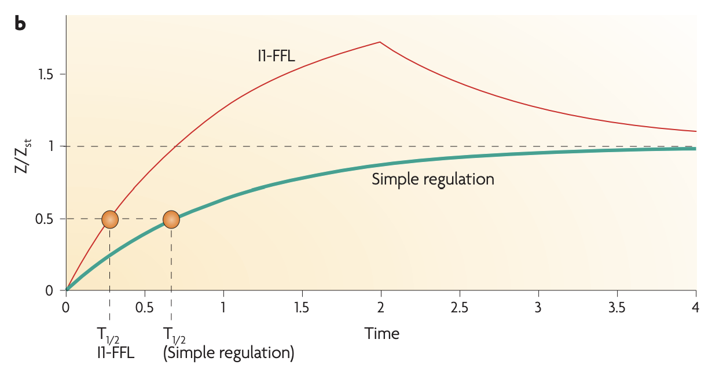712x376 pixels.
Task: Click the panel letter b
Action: (x=20, y=24)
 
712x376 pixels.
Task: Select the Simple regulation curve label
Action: (x=432, y=179)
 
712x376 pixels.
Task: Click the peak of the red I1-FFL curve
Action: (x=380, y=42)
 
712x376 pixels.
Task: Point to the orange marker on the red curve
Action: (x=110, y=219)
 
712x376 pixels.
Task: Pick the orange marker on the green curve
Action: (x=171, y=219)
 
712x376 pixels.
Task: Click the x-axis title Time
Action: (x=381, y=334)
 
